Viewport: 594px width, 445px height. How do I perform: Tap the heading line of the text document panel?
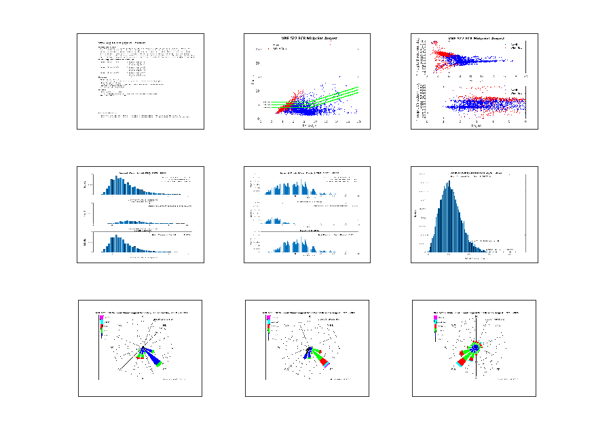[122, 43]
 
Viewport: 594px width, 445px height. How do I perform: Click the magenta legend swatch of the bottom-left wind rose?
[102, 317]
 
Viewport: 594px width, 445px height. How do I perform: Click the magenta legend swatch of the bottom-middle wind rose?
[269, 317]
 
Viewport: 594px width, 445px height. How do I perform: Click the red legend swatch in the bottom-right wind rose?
[436, 327]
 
